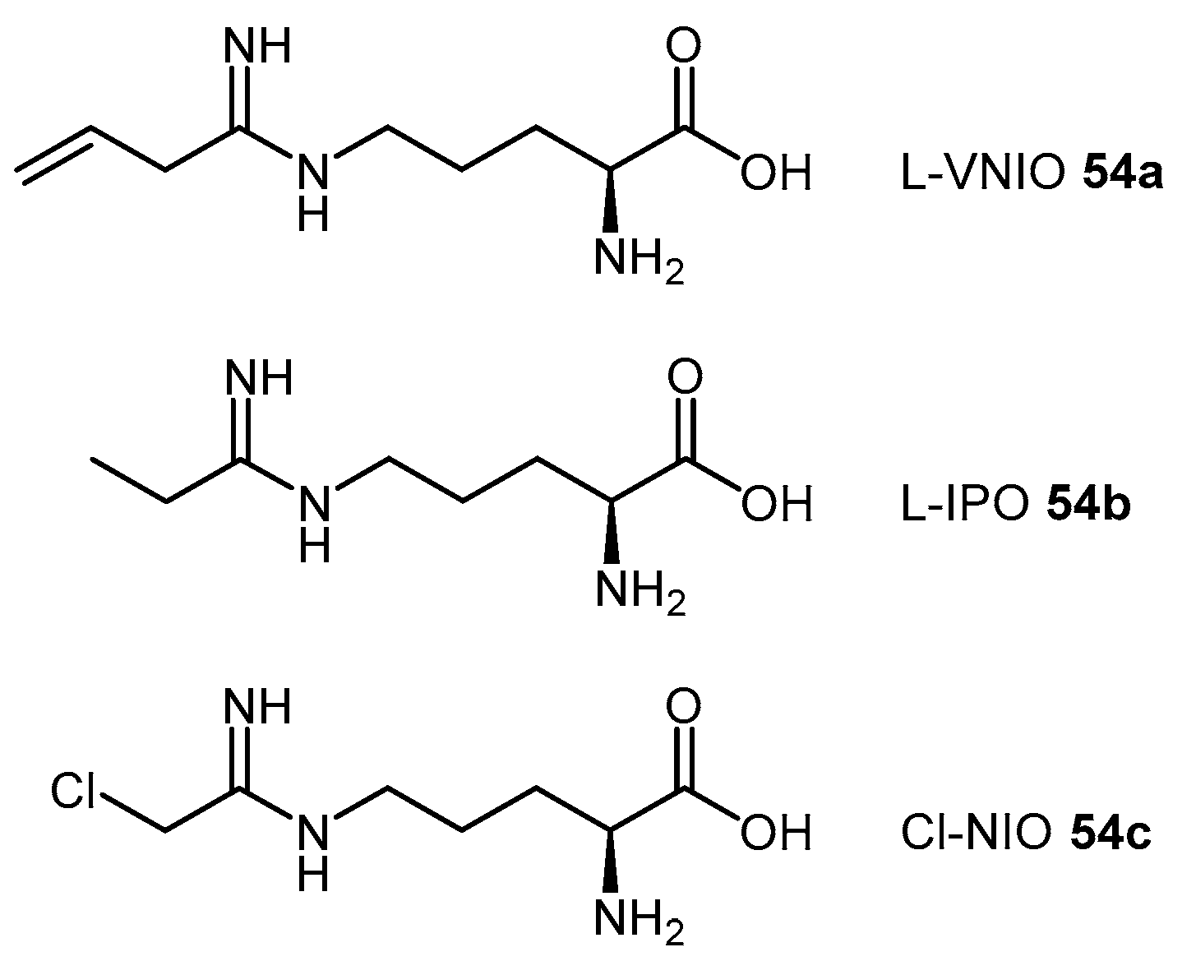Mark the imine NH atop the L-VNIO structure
pos(257,47)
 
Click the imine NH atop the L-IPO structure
pos(257,377)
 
